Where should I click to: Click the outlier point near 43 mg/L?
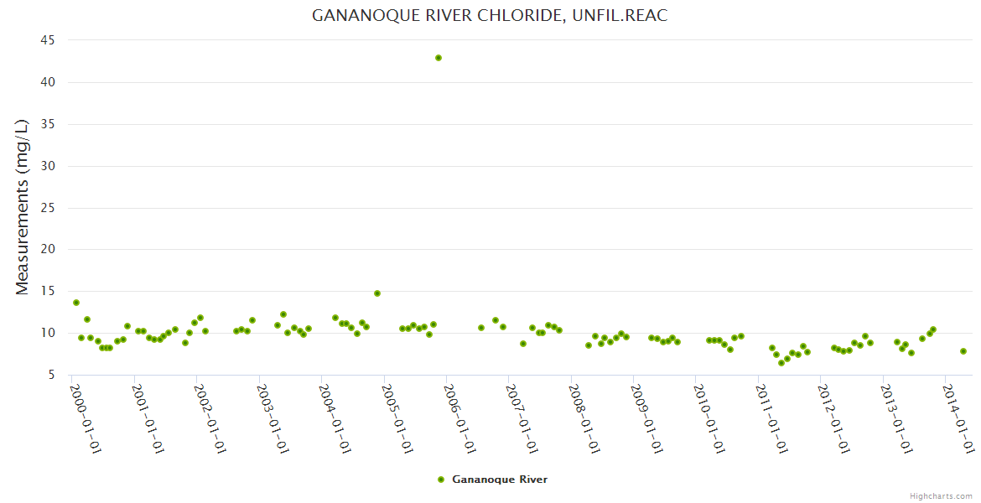(x=438, y=58)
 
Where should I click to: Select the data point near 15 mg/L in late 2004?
(x=377, y=293)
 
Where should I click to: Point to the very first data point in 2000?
(x=76, y=303)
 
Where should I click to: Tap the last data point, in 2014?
(x=963, y=351)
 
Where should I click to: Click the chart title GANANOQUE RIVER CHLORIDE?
(x=490, y=15)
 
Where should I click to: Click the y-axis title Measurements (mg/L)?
(x=23, y=207)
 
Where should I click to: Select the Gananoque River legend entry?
(x=499, y=480)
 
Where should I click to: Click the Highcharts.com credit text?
(x=941, y=496)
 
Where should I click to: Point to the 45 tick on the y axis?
(x=48, y=40)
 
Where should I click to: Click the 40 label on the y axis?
(x=48, y=82)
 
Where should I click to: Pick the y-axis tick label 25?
(x=48, y=208)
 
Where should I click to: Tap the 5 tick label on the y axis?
(x=51, y=375)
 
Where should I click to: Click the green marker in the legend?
(x=441, y=480)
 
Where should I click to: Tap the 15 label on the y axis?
(x=48, y=292)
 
